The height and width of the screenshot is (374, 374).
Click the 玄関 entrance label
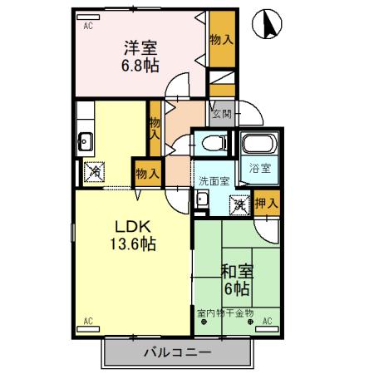(x=221, y=115)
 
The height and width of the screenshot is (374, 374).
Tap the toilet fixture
(x=214, y=142)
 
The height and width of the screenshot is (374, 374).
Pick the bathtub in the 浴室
(x=261, y=146)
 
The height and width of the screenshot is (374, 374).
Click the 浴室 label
(x=261, y=168)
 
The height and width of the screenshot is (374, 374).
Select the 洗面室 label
(x=214, y=180)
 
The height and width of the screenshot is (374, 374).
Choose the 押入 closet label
(x=268, y=202)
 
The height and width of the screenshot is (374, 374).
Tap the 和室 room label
(x=238, y=271)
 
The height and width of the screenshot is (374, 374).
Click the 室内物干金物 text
(x=226, y=312)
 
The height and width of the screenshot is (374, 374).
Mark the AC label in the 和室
(x=268, y=320)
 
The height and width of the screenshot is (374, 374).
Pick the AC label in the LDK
(x=88, y=320)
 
